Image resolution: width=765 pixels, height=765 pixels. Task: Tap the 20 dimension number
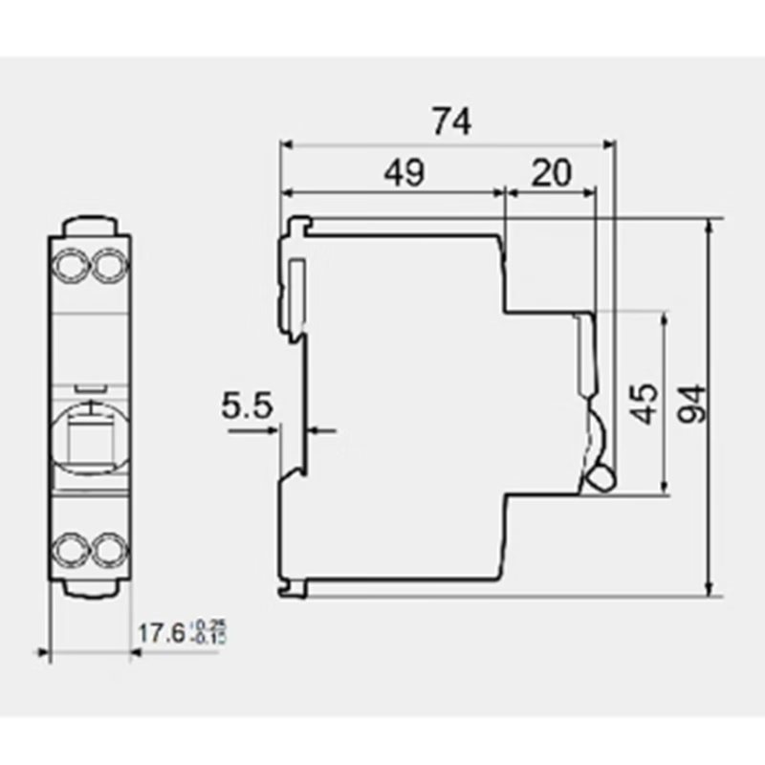click(550, 172)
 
